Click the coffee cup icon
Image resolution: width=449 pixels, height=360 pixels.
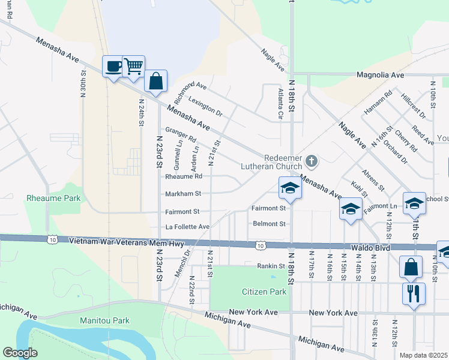coord(113,66)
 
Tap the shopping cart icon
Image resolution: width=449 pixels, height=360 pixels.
coord(133,66)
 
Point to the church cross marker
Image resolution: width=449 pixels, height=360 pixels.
coord(311,161)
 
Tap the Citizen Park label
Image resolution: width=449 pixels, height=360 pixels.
coord(264,292)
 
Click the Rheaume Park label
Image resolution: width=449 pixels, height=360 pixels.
coord(53,197)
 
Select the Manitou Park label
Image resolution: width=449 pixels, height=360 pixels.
coord(105,320)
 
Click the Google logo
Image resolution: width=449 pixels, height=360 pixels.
coord(20,353)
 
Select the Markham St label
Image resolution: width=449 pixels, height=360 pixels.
coord(183,194)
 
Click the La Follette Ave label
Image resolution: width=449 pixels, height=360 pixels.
coord(187,227)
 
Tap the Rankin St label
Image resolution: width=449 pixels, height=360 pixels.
coord(271,266)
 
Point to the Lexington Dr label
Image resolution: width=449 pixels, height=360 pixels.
coord(205,106)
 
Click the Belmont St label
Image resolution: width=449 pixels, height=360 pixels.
coord(269,224)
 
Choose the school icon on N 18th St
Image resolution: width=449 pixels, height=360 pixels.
coord(289,188)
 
